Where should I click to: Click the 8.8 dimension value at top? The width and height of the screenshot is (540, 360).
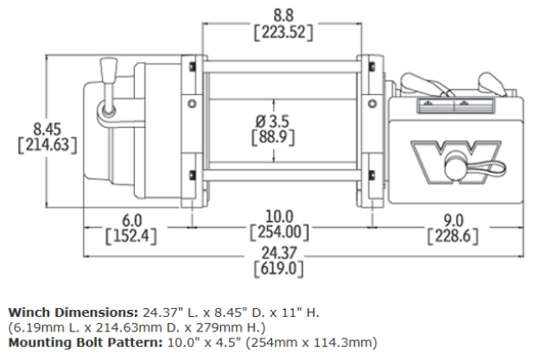[283, 16]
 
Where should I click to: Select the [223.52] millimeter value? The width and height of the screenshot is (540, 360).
[283, 33]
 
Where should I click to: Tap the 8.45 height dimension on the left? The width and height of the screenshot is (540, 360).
[48, 129]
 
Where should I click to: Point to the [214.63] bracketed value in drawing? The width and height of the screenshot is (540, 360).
[48, 145]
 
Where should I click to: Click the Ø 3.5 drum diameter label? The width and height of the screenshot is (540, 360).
[272, 121]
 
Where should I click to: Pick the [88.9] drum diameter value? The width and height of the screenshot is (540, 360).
[273, 137]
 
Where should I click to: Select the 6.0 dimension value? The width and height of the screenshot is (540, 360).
[132, 220]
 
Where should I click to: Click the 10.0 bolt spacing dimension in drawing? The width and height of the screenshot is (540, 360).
[279, 217]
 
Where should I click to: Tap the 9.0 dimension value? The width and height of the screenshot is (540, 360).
[454, 220]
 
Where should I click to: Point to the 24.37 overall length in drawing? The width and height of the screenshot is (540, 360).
[279, 253]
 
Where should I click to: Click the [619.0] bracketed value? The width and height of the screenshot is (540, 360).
[279, 268]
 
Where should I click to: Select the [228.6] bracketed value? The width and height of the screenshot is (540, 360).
[454, 237]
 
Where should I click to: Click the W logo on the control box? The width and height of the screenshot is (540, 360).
[455, 161]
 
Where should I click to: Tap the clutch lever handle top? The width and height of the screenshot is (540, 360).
[108, 70]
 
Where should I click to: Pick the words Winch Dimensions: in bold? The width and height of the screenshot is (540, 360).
[73, 313]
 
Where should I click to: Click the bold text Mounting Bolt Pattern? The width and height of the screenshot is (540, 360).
[85, 343]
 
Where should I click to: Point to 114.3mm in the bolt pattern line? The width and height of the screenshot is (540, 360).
[345, 343]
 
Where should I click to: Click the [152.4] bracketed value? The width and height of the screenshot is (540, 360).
[130, 237]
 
